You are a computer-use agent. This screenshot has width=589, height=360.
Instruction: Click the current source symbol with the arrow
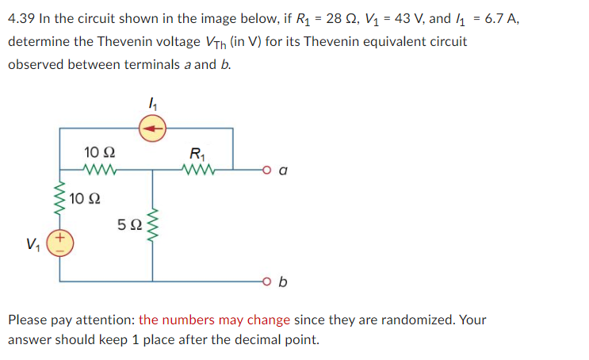153,126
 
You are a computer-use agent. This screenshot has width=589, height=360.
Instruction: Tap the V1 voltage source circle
61,243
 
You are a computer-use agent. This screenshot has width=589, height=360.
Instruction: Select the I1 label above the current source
152,102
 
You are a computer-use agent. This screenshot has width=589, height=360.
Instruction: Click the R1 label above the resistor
197,152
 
